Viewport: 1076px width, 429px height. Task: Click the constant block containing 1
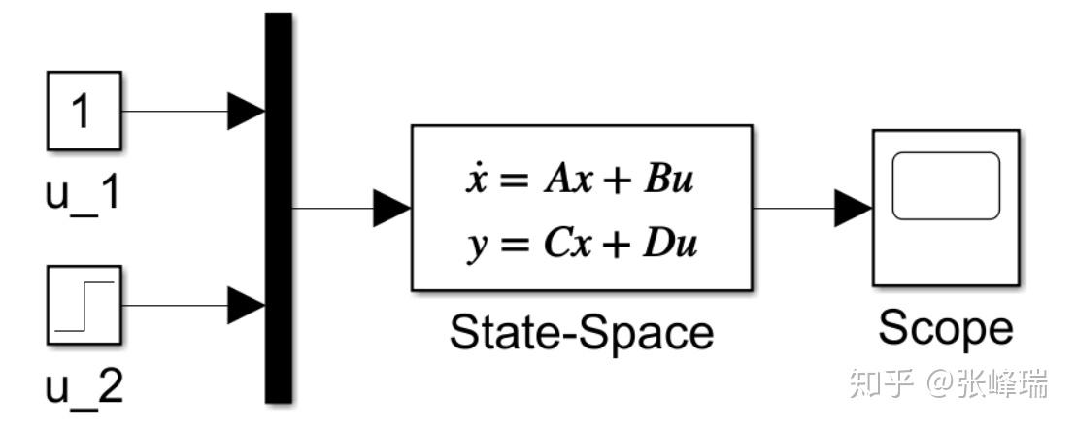(84, 111)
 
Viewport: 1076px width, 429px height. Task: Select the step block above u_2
(84, 304)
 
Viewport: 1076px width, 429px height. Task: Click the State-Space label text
(582, 333)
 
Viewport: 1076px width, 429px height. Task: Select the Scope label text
(946, 328)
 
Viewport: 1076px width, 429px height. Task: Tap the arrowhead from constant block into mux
(246, 111)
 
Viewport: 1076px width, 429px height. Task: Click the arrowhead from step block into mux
(246, 305)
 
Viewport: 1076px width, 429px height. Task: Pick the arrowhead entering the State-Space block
(392, 208)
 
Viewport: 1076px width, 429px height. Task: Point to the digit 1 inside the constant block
(84, 111)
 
